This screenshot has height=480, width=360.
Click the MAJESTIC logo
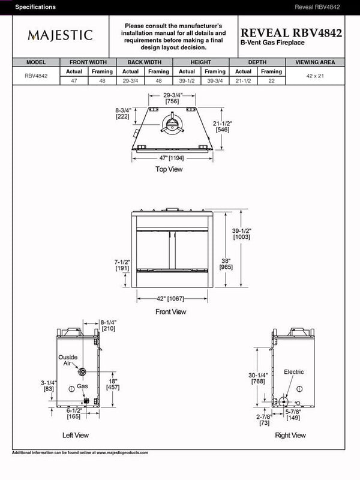[60, 35]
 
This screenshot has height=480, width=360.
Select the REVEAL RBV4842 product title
[291, 33]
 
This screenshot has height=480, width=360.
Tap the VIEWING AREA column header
[315, 62]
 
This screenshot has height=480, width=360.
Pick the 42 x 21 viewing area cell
[315, 76]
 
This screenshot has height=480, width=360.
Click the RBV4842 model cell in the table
[36, 76]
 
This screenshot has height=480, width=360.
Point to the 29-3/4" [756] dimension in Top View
[173, 98]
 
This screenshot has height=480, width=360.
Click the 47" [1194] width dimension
[172, 157]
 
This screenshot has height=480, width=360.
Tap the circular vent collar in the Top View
[172, 125]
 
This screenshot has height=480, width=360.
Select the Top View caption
[169, 169]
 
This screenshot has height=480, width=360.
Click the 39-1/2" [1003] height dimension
[242, 233]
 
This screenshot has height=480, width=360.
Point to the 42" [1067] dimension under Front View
[171, 298]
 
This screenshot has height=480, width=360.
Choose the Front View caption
[171, 311]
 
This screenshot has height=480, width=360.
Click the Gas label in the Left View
[82, 386]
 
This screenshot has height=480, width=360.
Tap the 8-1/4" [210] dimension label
[109, 325]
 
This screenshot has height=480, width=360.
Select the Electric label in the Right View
[294, 372]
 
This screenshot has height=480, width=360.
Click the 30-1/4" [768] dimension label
[259, 378]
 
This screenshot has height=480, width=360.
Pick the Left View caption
[76, 435]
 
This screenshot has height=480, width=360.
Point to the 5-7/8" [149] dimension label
[293, 415]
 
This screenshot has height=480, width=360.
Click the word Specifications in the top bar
[35, 7]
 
